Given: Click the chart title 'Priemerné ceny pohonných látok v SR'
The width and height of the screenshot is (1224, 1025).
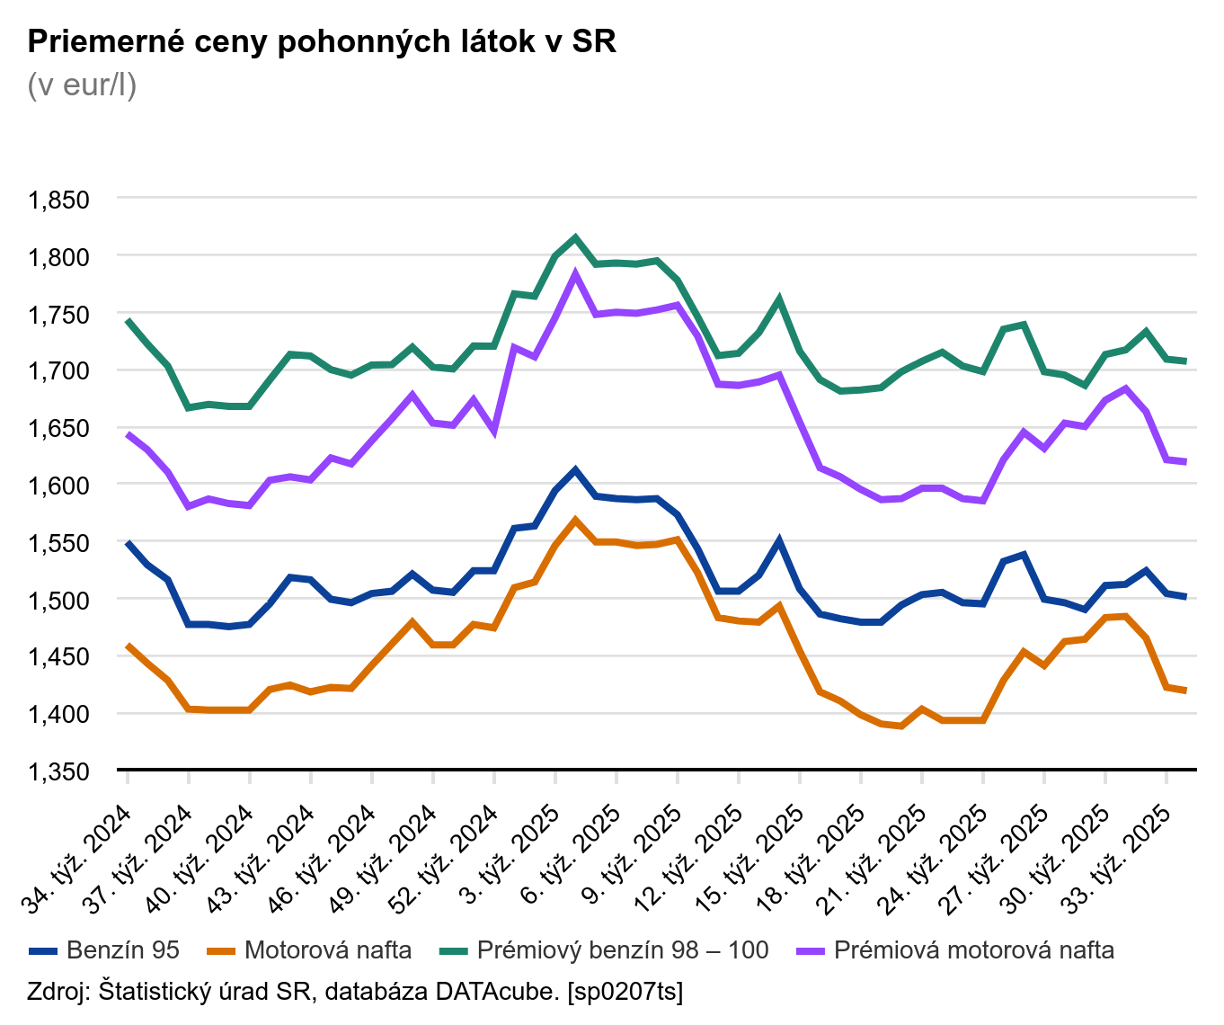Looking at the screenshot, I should [323, 41].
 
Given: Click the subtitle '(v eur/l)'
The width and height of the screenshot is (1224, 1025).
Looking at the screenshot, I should [83, 85].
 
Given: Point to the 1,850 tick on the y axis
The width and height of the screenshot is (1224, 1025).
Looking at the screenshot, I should [59, 200].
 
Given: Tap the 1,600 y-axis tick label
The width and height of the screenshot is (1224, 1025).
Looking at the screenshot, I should [59, 486].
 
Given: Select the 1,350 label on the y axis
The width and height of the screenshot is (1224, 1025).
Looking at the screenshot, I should [59, 771].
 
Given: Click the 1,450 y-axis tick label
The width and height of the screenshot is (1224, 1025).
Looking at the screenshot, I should [59, 657].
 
